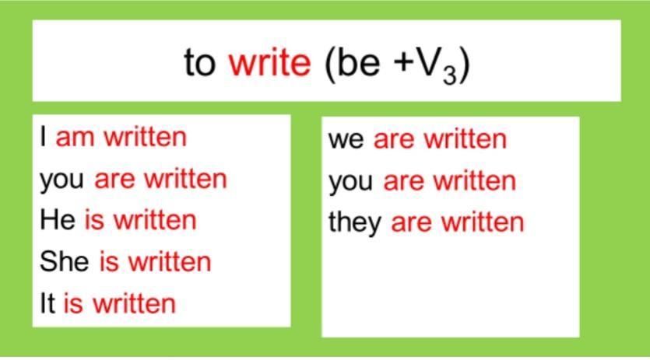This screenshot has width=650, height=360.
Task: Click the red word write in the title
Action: (269, 62)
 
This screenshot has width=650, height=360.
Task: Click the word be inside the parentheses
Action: (359, 62)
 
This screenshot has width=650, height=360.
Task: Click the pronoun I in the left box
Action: (43, 136)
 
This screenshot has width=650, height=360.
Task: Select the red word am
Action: (75, 138)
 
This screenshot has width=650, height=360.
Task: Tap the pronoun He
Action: (58, 219)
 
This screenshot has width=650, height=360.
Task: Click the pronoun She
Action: (65, 261)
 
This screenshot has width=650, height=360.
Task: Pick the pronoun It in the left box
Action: (47, 302)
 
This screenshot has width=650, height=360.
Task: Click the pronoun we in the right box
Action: (346, 140)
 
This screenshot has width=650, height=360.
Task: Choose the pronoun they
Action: (355, 223)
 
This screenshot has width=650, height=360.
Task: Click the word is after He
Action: (94, 219)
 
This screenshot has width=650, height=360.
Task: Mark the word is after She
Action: (109, 261)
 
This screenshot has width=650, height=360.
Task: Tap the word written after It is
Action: (135, 302)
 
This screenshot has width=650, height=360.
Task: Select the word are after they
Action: (411, 223)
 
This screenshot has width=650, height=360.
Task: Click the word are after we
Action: (394, 140)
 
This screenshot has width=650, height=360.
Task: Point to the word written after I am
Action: (145, 136)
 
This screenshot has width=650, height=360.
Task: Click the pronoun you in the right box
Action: (351, 183)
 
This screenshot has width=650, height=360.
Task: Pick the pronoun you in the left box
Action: (61, 181)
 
